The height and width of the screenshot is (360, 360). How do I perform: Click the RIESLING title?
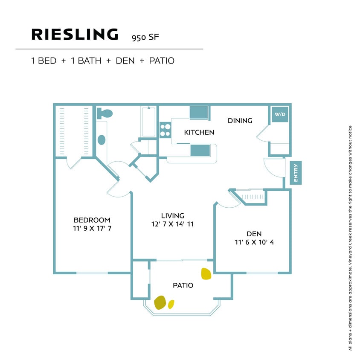pos(75,35)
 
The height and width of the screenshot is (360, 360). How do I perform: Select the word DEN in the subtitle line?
pos(125,61)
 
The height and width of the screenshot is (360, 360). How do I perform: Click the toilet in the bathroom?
pos(105,114)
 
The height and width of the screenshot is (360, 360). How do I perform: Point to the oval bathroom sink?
pos(102,139)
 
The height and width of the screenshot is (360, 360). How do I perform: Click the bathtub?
pos(148,122)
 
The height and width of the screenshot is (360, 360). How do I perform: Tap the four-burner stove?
pos(165,130)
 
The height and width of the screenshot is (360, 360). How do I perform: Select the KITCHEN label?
pos(199,132)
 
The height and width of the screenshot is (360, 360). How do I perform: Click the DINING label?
pos(240,121)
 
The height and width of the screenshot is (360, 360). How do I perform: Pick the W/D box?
pos(280,114)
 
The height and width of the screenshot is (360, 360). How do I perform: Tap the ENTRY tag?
pos(296,173)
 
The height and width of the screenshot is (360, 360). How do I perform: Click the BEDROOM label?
pos(92,220)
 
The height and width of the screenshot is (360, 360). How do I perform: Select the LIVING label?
pos(172,215)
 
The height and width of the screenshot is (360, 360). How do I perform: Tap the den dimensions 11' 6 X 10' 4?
pos(254,242)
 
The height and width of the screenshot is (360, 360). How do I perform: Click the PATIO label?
pos(183,285)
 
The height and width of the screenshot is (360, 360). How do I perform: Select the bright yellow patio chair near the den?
pos(206,273)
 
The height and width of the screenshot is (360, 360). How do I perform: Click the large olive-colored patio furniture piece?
pos(160,302)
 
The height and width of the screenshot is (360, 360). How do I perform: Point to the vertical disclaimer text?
pos(350,238)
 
